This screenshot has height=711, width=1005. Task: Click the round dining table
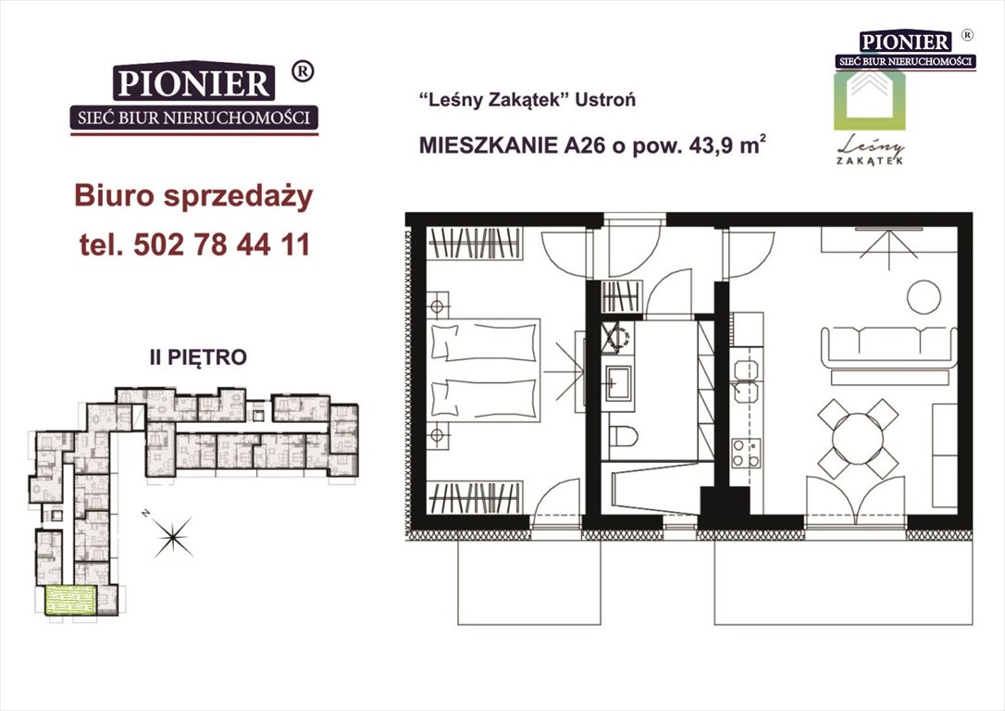[858, 439]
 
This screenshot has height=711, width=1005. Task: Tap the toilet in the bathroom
[623, 437]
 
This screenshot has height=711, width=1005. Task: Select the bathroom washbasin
[618, 382]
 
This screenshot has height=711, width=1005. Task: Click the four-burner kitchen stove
[746, 453]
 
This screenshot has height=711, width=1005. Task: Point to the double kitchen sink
[745, 380]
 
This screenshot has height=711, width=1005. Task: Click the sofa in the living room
[889, 347]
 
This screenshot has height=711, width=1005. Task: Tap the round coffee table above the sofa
[924, 297]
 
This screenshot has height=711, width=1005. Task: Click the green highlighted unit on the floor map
[70, 600]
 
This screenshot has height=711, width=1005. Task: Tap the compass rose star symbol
[173, 537]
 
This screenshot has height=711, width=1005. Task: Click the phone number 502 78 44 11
[222, 245]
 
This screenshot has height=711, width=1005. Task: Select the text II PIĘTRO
[198, 357]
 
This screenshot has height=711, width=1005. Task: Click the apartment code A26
[585, 146]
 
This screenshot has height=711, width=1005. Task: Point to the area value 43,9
[711, 147]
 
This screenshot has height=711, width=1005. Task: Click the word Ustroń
[606, 100]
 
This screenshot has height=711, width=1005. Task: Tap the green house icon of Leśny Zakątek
[869, 100]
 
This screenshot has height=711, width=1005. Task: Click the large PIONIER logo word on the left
[193, 83]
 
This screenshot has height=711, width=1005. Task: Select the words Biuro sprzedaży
[193, 196]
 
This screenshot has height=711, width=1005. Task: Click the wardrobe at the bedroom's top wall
[475, 243]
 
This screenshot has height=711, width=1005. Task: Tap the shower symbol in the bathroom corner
[616, 337]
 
